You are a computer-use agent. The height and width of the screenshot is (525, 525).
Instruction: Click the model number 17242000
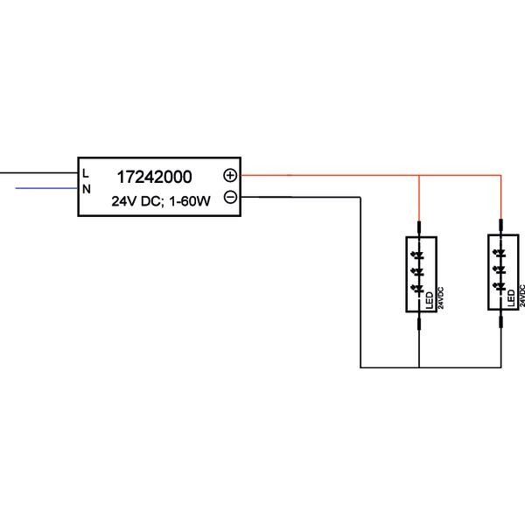tap(154, 176)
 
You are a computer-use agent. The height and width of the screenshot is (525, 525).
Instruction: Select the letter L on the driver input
tap(86, 173)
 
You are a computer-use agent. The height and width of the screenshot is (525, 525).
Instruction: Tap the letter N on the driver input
tap(86, 188)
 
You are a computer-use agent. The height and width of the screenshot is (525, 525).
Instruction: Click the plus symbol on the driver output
tap(229, 175)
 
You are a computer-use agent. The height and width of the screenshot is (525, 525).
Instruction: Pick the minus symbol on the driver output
tap(229, 198)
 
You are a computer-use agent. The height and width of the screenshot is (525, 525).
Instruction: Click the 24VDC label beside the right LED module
tap(521, 296)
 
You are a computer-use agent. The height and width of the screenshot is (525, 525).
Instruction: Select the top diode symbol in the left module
tap(419, 255)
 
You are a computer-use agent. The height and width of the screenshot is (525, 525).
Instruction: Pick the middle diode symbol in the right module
tap(500, 269)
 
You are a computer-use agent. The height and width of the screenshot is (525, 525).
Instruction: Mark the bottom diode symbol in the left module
tap(419, 285)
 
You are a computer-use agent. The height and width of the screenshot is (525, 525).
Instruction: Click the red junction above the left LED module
tap(420, 175)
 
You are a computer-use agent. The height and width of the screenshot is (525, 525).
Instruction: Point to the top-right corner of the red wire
tap(500, 175)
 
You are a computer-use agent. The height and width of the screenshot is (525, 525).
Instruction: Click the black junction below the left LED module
tap(420, 367)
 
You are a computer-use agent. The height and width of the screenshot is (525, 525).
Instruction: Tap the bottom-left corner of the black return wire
tap(360, 367)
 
